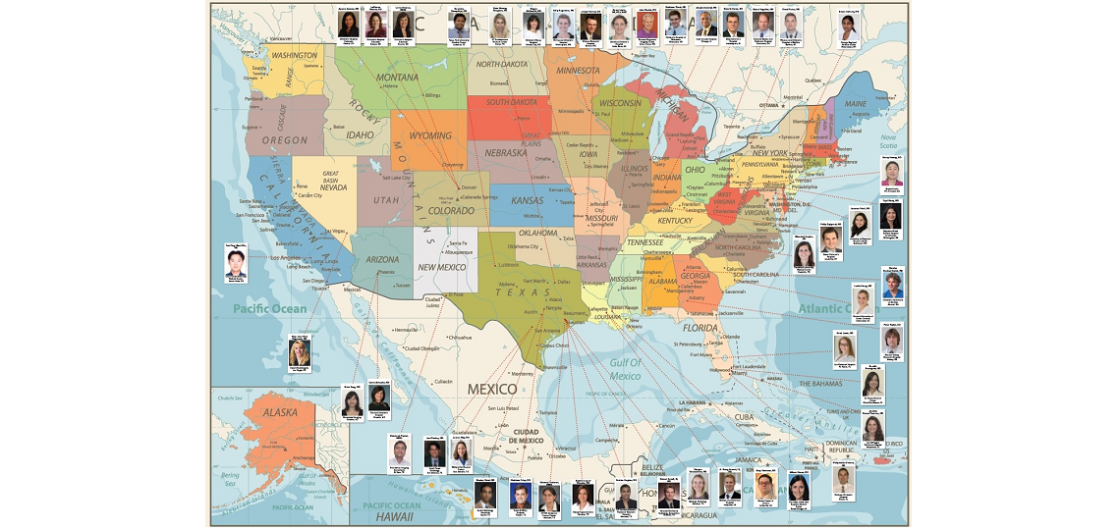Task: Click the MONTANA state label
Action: [x=398, y=78]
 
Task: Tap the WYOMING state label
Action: [x=430, y=135]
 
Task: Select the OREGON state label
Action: [x=285, y=140]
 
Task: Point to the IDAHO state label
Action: [x=361, y=135]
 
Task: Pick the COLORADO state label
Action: [x=451, y=210]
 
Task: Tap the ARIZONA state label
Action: [x=382, y=260]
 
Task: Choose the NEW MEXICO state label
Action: [x=441, y=267]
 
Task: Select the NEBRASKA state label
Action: [x=507, y=153]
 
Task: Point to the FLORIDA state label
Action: [x=700, y=328]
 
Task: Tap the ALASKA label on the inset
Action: [x=280, y=413]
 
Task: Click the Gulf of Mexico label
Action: [x=625, y=369]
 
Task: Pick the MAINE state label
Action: [x=856, y=103]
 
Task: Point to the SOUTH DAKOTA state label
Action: [x=510, y=101]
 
